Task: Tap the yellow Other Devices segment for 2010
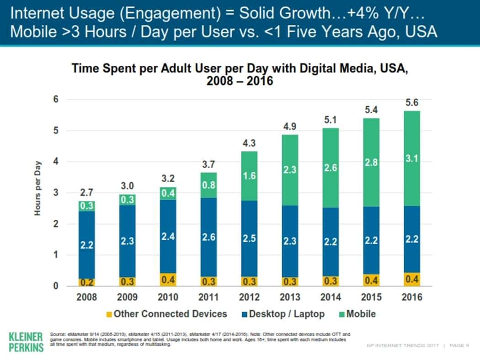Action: tap(169, 279)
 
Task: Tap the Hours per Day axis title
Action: tap(38, 189)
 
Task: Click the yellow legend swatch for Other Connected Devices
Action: tap(108, 314)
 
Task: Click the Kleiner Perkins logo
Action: tap(26, 341)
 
